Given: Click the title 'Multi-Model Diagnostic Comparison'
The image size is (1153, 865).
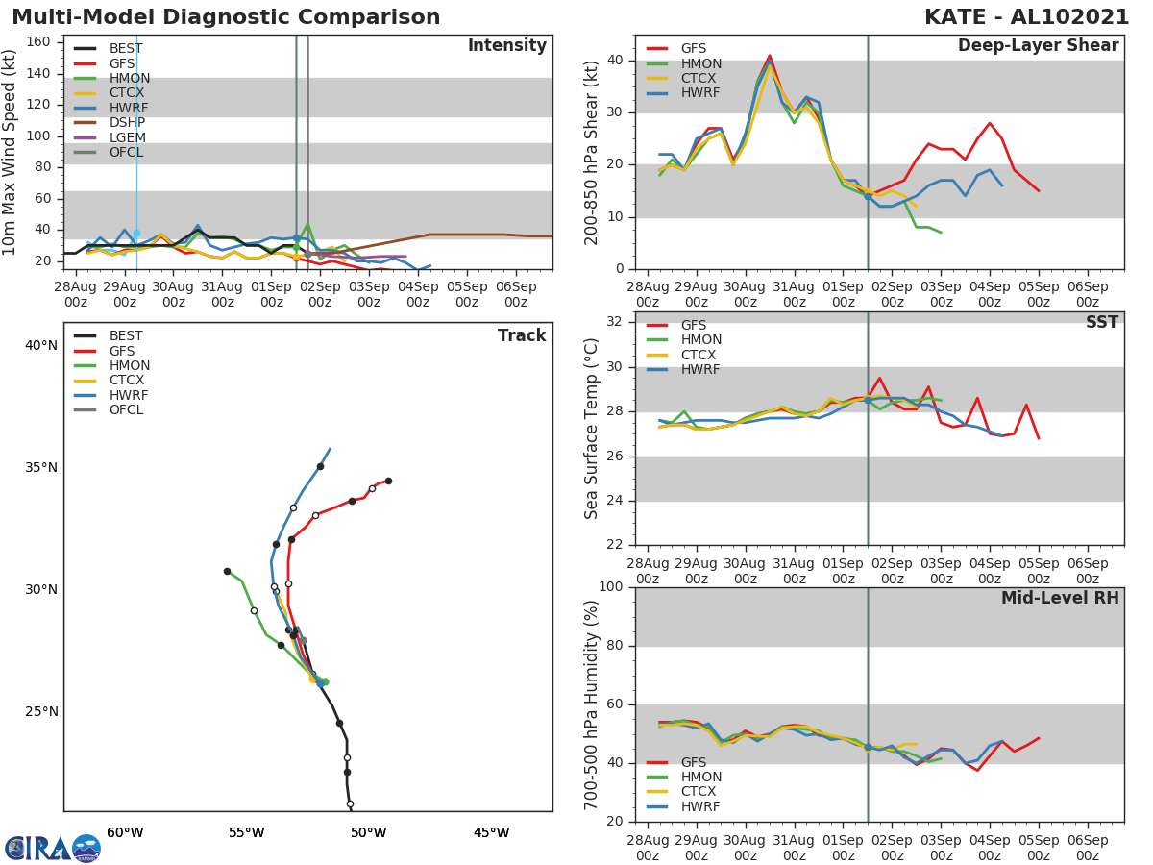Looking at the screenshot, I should [x=226, y=17].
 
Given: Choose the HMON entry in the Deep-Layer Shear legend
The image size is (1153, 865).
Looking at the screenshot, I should [x=699, y=63].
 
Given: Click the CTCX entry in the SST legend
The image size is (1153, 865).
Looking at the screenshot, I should [x=700, y=355].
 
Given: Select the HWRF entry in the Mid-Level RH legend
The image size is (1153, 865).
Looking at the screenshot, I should [x=699, y=806].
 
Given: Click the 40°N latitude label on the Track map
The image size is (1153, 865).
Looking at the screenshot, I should [x=40, y=345].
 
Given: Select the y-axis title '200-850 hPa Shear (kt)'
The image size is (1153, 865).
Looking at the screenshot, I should [x=592, y=152].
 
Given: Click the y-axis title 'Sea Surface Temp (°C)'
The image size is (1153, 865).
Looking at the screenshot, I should [x=592, y=429].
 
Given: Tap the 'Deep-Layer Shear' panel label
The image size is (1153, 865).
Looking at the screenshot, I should [x=1038, y=46].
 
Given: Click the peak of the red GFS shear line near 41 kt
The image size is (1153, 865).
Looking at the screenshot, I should [x=770, y=56].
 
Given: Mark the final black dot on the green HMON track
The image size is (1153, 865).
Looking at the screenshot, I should [x=227, y=571].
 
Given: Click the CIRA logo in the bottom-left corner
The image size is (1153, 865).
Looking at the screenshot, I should [x=53, y=848].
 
